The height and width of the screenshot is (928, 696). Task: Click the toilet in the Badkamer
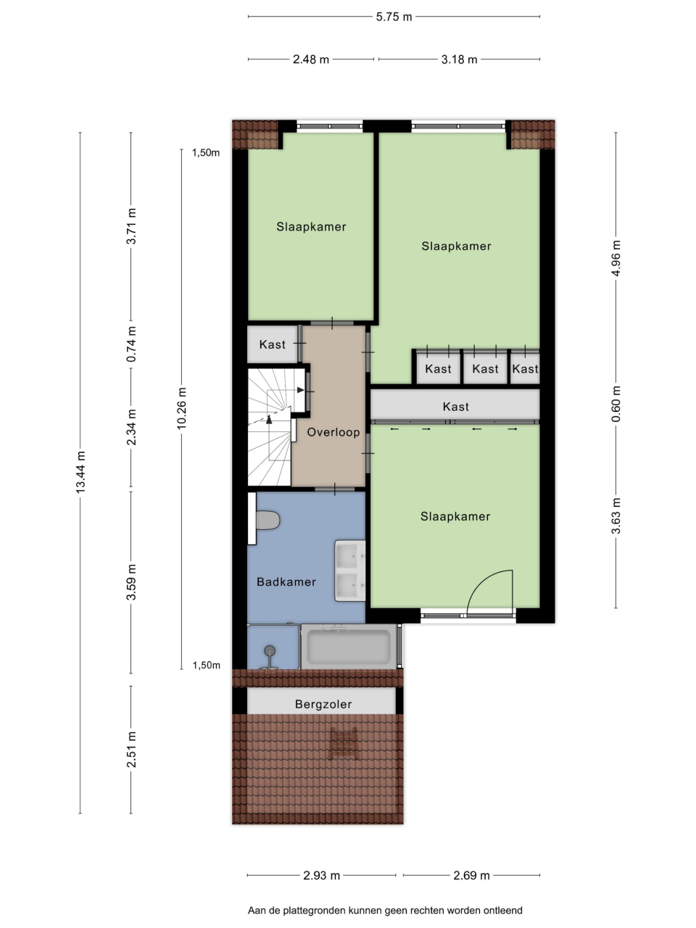tap(268, 520)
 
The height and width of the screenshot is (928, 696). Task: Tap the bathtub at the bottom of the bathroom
tap(349, 647)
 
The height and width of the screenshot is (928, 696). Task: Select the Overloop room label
tap(333, 432)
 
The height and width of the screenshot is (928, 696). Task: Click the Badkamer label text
tap(286, 581)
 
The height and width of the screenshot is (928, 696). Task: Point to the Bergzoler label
tap(323, 704)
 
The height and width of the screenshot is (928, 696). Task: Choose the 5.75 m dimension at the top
tap(394, 17)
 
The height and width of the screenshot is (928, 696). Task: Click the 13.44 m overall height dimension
tap(80, 472)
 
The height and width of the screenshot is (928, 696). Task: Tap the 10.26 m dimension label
tap(182, 408)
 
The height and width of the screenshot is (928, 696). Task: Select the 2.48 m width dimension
tap(310, 59)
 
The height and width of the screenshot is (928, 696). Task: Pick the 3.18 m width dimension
tap(459, 59)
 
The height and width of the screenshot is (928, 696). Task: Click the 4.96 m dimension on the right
tap(616, 258)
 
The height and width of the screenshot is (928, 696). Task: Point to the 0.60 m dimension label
tap(616, 404)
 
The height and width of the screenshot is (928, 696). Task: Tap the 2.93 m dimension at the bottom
tap(321, 875)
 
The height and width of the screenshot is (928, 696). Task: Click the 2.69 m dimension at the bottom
tap(471, 875)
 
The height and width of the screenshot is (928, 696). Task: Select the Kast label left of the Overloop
tap(272, 344)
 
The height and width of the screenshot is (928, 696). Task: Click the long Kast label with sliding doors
tap(455, 407)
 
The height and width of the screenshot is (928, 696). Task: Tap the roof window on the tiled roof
tap(344, 744)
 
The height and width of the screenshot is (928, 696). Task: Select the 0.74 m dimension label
tap(131, 344)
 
